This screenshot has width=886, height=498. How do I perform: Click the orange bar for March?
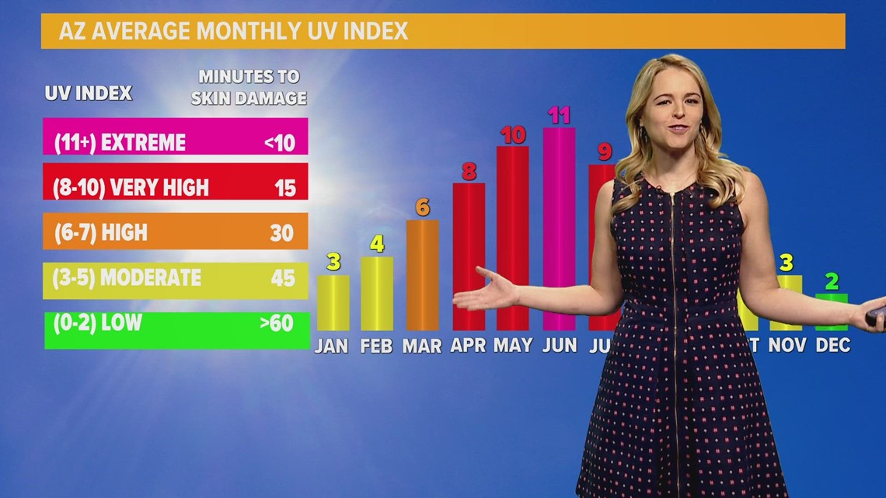(x=422, y=275)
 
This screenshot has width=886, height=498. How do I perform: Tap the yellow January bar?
(x=333, y=302)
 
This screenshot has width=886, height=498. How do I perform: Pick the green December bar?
(x=831, y=312)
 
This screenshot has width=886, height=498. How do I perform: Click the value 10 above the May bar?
(x=513, y=135)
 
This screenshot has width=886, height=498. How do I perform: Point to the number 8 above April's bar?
(x=469, y=171)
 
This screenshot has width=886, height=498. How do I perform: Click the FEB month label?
(x=376, y=346)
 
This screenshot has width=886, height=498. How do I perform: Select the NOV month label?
(x=787, y=344)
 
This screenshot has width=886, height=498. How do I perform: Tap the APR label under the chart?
(x=468, y=345)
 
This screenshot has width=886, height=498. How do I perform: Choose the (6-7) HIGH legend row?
(x=176, y=232)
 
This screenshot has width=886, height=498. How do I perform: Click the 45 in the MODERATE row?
(x=283, y=277)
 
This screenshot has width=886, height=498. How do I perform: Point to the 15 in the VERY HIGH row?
(x=285, y=187)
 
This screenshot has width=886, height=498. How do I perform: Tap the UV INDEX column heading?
(x=88, y=93)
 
